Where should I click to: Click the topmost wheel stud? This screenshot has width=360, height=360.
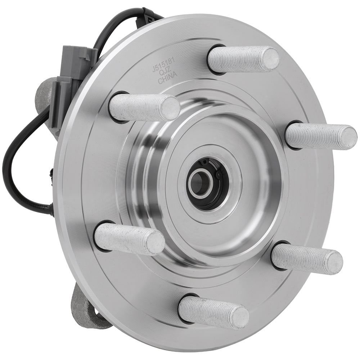243,59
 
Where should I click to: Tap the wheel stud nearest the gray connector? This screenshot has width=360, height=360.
144,107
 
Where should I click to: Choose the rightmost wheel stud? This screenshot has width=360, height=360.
320,136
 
